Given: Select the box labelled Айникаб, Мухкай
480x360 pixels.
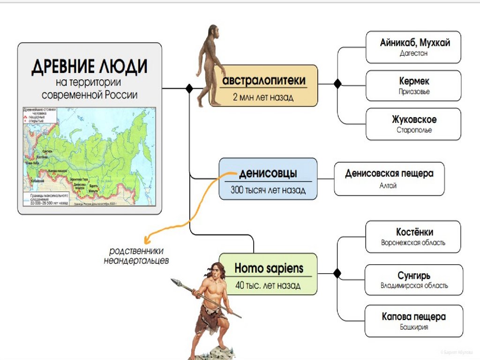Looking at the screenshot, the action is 414,47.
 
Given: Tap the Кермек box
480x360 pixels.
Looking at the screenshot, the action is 414,85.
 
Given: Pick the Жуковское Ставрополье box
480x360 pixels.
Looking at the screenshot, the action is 414,124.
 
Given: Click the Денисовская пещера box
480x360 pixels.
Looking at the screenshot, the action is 389,179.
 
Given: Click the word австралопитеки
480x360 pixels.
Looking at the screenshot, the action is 264,81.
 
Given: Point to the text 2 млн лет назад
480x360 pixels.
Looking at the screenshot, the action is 263,97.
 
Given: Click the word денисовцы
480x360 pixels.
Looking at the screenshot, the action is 268,173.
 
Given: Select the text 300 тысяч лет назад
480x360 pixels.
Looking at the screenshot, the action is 268,190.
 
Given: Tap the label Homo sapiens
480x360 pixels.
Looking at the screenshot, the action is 269,269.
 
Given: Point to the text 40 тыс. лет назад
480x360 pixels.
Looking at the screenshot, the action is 268,285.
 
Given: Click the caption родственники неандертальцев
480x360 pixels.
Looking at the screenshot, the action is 136,255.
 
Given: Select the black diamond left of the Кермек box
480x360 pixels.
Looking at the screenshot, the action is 337,83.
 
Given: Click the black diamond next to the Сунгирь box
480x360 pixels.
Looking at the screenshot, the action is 337,273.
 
